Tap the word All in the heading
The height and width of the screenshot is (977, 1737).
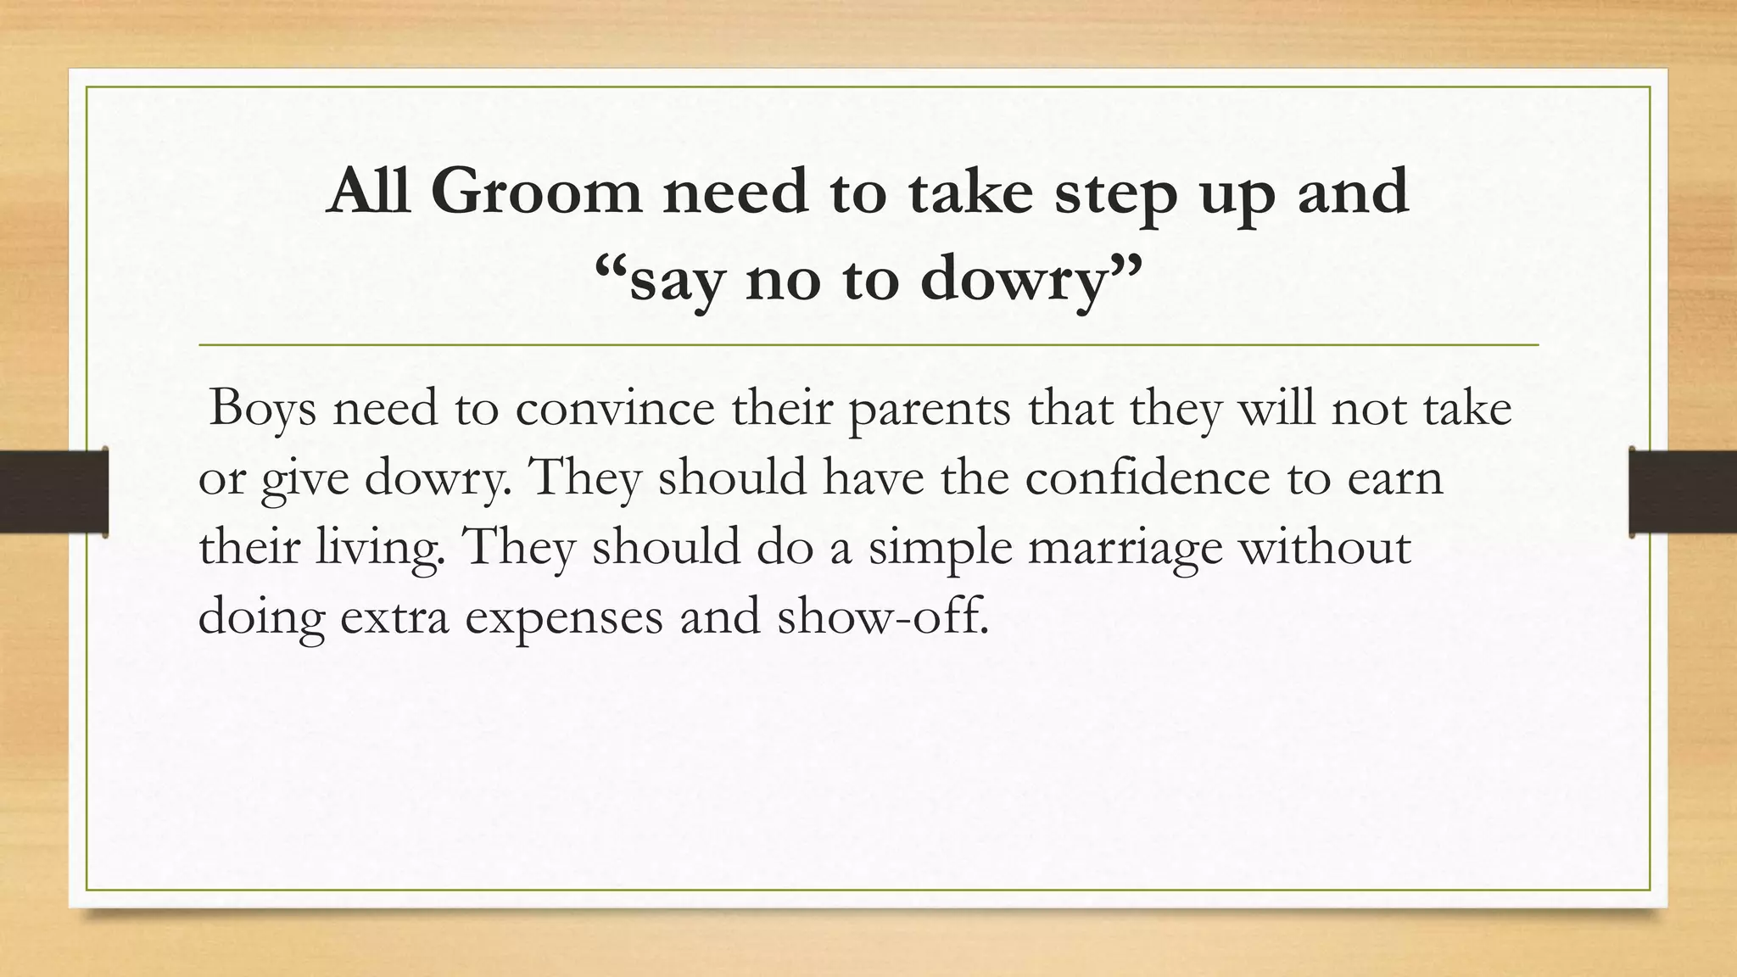click(369, 191)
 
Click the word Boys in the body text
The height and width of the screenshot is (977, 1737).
click(263, 409)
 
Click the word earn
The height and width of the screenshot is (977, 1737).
click(1394, 477)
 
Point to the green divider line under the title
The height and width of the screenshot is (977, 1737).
click(868, 345)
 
